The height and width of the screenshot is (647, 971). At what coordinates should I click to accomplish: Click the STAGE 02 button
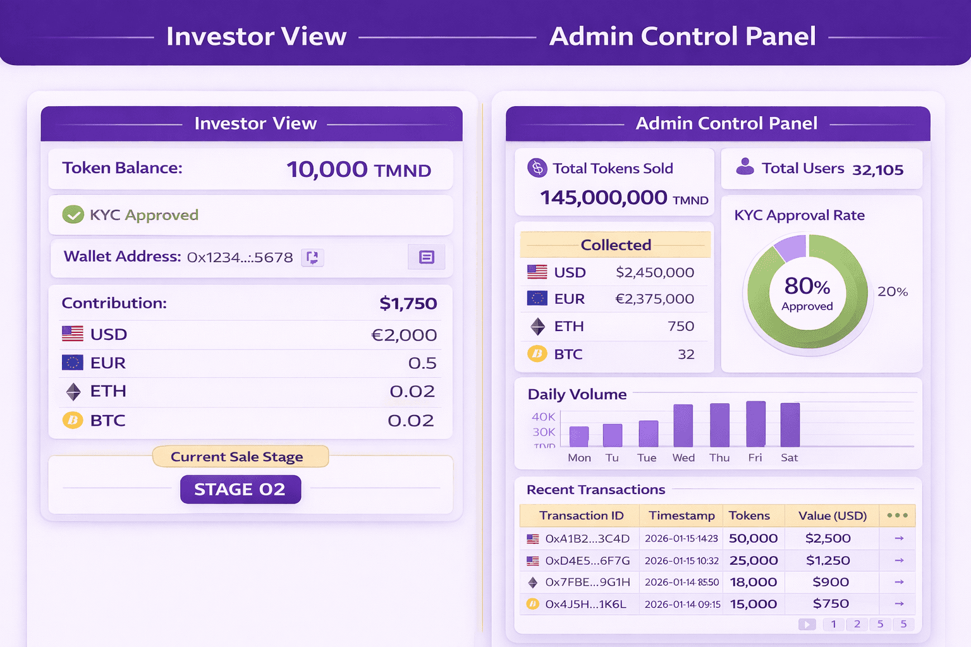(x=240, y=490)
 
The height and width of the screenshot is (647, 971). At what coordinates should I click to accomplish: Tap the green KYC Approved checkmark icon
(x=73, y=215)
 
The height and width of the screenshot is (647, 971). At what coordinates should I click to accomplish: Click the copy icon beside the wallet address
(x=312, y=257)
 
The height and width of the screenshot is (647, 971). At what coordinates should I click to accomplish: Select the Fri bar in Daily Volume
(x=755, y=424)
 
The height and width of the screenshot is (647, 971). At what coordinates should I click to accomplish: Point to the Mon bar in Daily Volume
(x=579, y=437)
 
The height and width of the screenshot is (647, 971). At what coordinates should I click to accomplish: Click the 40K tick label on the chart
(x=543, y=416)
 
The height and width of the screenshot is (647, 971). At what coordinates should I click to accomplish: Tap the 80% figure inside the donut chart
(x=807, y=286)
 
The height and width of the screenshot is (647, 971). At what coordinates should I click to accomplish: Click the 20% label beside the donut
(x=892, y=292)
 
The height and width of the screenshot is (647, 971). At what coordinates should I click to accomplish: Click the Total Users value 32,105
(x=877, y=170)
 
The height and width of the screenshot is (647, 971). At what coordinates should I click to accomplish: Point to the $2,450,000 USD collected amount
(x=655, y=272)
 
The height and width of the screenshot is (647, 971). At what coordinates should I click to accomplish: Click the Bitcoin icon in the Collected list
(x=537, y=354)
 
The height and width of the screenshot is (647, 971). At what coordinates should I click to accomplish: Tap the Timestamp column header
(x=681, y=516)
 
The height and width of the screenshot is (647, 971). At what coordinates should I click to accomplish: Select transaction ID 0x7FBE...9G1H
(x=587, y=582)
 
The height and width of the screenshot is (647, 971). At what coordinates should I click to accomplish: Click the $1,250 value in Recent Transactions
(x=827, y=560)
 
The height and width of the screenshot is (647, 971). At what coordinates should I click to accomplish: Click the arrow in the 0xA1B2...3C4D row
(x=899, y=538)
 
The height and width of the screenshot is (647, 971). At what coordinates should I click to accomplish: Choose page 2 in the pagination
(x=857, y=624)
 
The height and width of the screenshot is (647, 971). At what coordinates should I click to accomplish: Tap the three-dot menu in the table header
(x=897, y=516)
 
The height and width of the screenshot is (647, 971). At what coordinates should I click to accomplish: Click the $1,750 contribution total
(x=408, y=304)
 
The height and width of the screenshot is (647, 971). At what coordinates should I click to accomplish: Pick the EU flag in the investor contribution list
(x=73, y=363)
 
